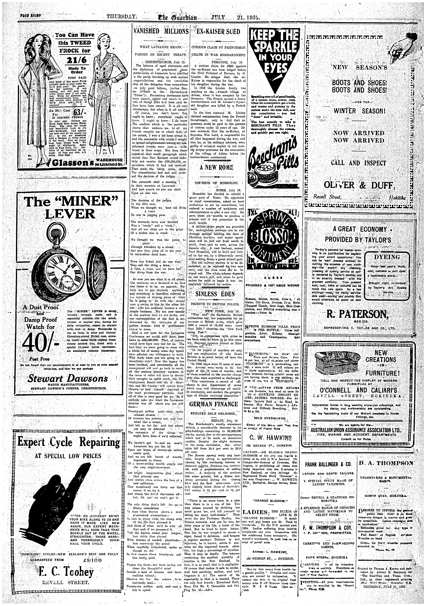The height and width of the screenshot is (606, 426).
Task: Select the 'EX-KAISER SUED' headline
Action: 218,32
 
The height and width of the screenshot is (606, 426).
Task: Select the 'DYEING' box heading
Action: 386,257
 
